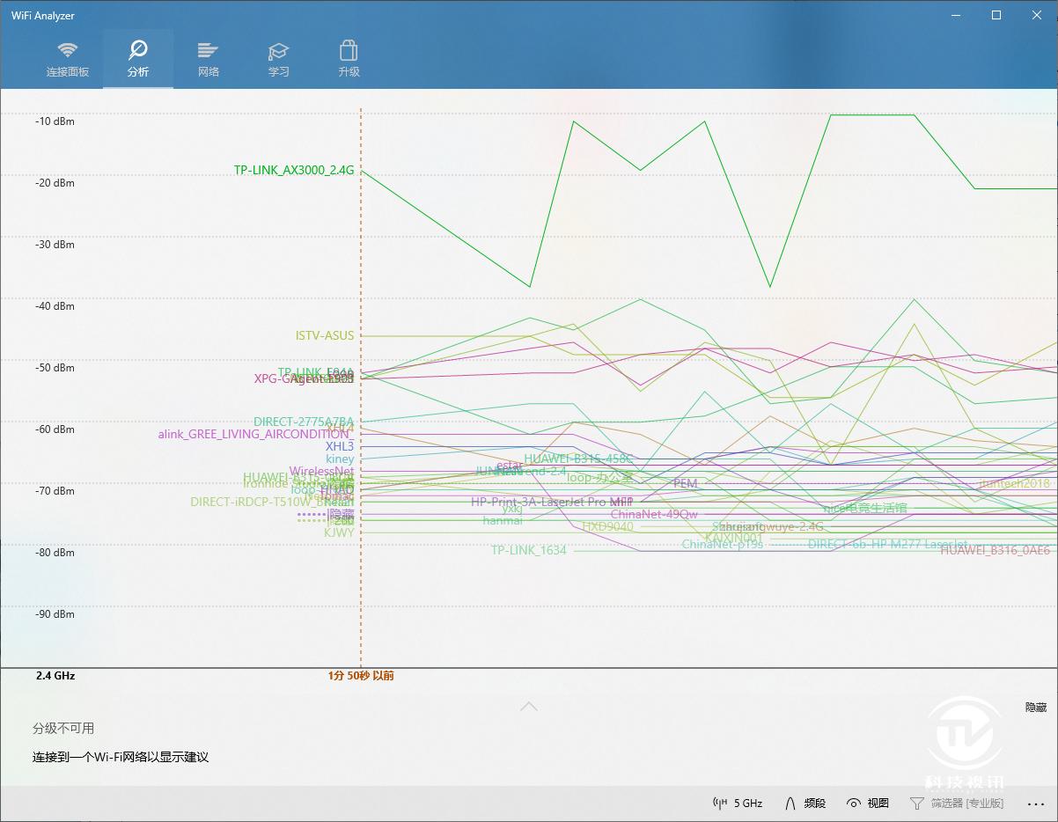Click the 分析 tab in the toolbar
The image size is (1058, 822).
pyautogui.click(x=138, y=59)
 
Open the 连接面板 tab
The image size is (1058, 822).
pyautogui.click(x=68, y=59)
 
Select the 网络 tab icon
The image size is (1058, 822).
pyautogui.click(x=209, y=59)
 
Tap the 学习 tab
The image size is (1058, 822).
pyautogui.click(x=279, y=59)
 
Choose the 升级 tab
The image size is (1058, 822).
pyautogui.click(x=349, y=59)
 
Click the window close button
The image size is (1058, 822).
pyautogui.click(x=1037, y=15)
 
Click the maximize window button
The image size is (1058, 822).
pyautogui.click(x=996, y=15)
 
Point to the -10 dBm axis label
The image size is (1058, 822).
pyautogui.click(x=55, y=121)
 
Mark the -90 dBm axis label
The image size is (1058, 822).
pyautogui.click(x=55, y=614)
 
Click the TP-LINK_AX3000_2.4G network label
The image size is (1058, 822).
pyautogui.click(x=294, y=171)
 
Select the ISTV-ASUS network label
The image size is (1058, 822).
pyautogui.click(x=325, y=335)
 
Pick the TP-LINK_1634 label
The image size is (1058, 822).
pyautogui.click(x=529, y=550)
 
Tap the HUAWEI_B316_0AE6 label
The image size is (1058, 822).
pyautogui.click(x=995, y=550)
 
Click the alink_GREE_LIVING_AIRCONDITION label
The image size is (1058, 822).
pyautogui.click(x=255, y=434)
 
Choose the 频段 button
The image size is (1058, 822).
pyautogui.click(x=805, y=803)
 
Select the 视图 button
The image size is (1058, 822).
pyautogui.click(x=868, y=803)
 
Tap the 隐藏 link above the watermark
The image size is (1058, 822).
pyautogui.click(x=1036, y=707)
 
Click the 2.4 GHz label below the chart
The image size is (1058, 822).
pyautogui.click(x=55, y=676)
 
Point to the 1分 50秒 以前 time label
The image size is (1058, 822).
pyautogui.click(x=361, y=676)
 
